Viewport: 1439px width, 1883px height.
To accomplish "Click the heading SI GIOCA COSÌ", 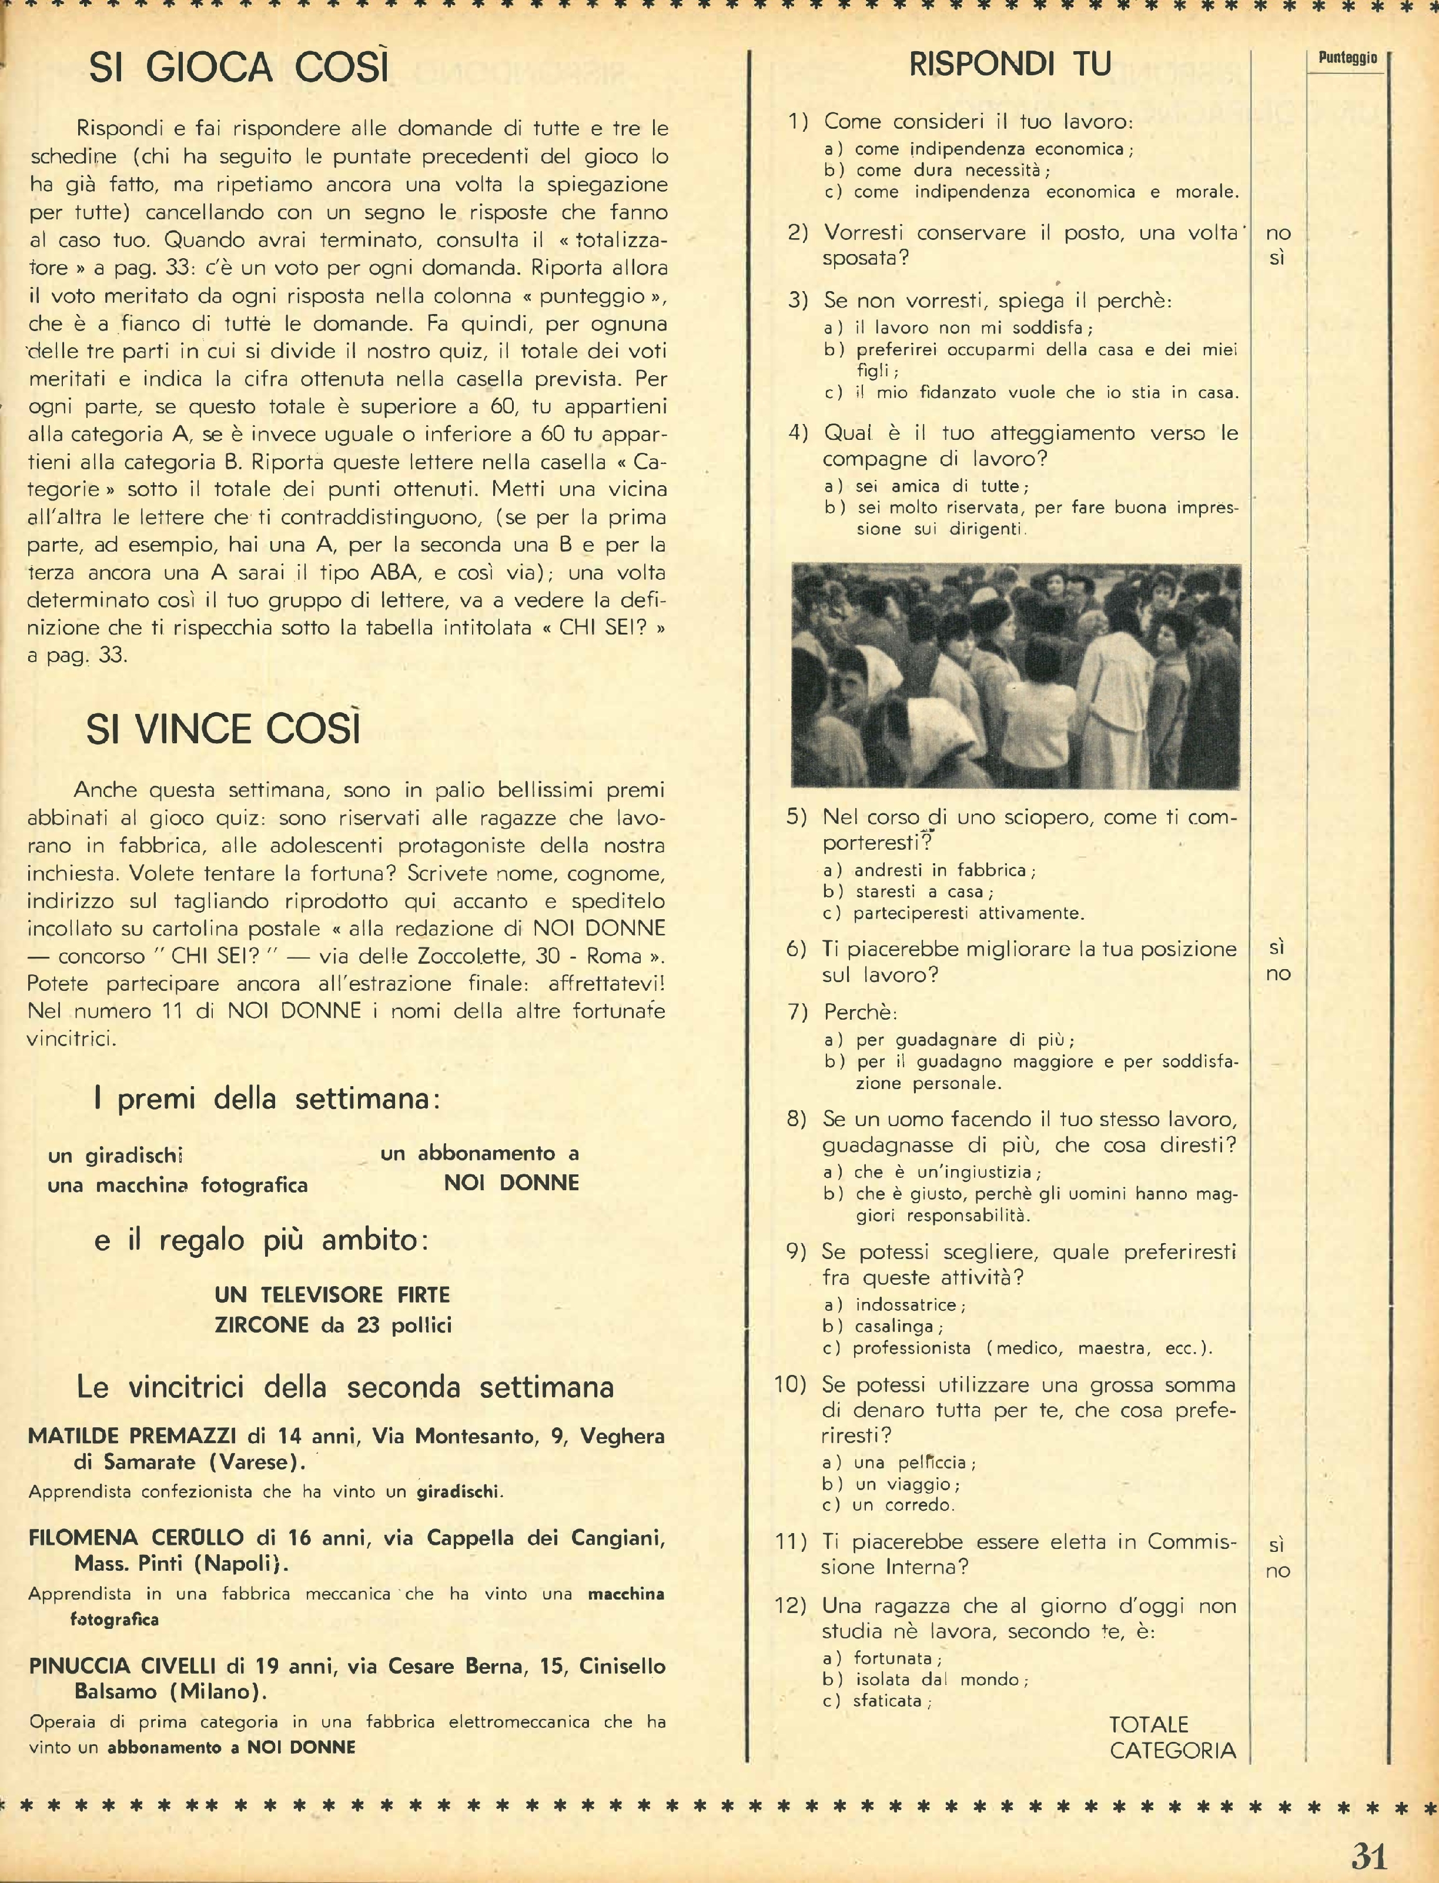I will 239,67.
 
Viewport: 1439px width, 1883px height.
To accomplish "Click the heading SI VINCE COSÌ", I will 223,729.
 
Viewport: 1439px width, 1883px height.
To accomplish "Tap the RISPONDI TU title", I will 1010,64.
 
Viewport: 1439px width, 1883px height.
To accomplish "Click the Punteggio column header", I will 1347,58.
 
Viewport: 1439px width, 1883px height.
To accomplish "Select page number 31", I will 1369,1855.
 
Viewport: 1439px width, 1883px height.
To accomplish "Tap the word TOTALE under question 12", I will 1149,1724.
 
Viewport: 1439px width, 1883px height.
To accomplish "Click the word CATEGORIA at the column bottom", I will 1173,1750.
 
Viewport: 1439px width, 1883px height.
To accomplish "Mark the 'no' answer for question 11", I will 1277,1570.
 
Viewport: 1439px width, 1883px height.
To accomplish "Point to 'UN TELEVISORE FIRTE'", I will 332,1294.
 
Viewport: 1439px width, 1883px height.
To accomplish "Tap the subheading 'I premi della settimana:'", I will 266,1099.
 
